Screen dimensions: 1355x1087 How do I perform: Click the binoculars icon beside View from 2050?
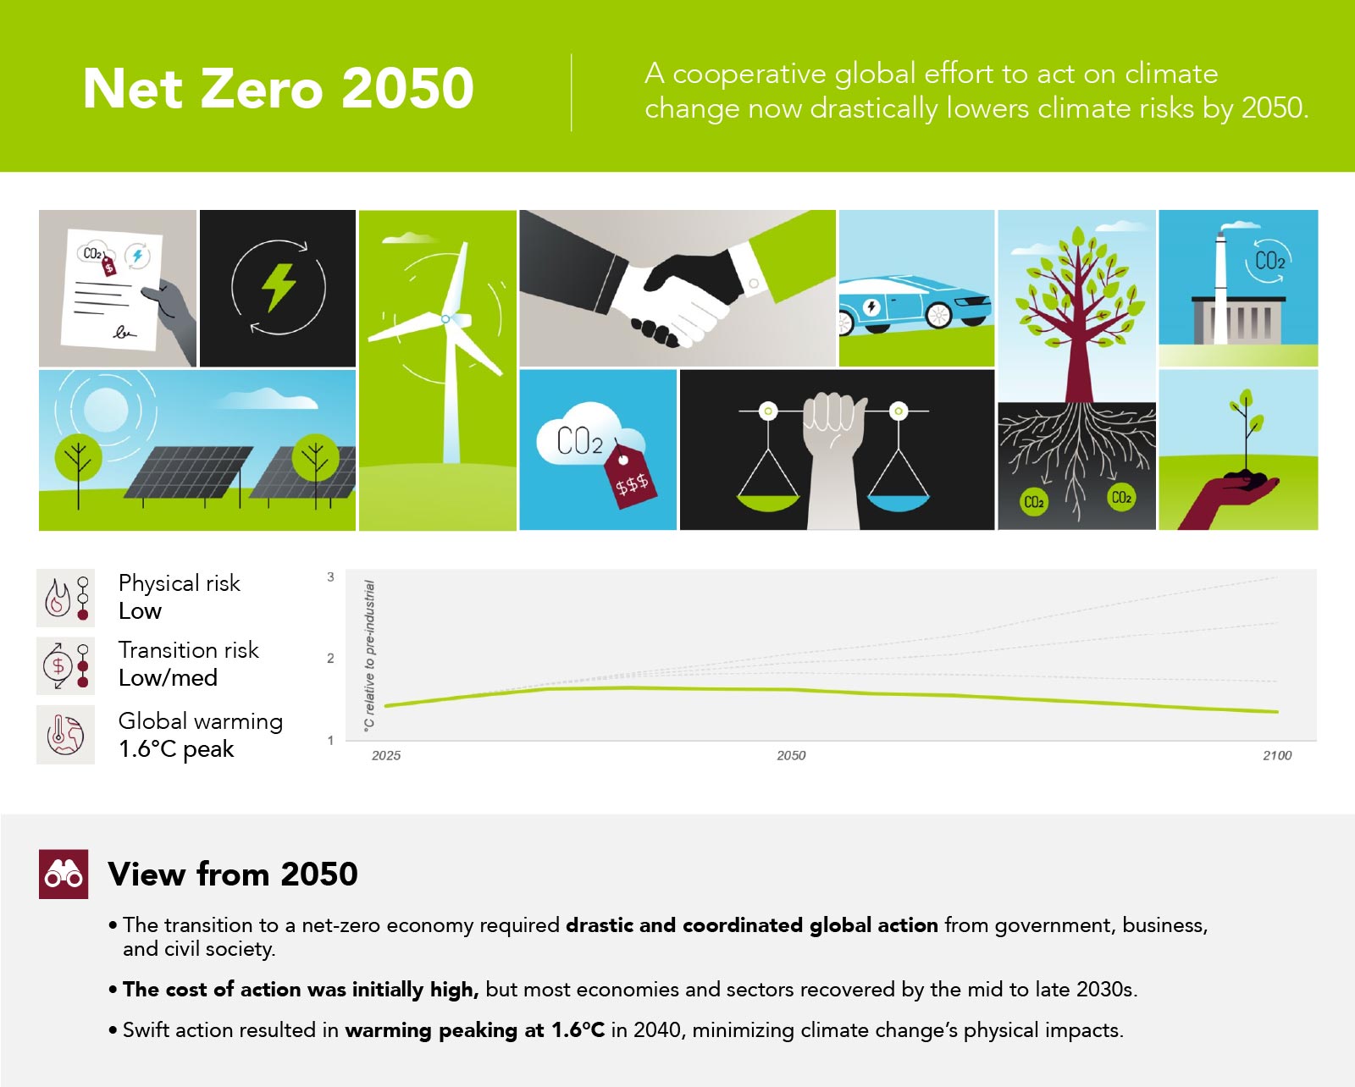pyautogui.click(x=64, y=874)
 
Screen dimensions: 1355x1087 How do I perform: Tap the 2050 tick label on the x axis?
pyautogui.click(x=791, y=755)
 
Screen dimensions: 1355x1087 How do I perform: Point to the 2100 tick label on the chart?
pyautogui.click(x=1277, y=755)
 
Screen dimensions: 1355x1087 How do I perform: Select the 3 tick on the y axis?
pyautogui.click(x=330, y=577)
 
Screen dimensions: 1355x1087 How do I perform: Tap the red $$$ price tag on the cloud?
pyautogui.click(x=629, y=476)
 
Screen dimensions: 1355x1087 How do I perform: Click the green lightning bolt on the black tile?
pyautogui.click(x=279, y=288)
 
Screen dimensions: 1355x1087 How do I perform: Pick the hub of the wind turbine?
pyautogui.click(x=445, y=319)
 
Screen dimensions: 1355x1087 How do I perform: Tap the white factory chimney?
pyautogui.click(x=1220, y=289)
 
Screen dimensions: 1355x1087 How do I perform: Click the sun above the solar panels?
pyautogui.click(x=105, y=410)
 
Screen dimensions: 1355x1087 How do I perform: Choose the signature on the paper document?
pyautogui.click(x=124, y=332)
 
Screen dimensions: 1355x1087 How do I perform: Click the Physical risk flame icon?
pyautogui.click(x=58, y=598)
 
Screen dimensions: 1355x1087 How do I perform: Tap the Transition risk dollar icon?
pyautogui.click(x=58, y=665)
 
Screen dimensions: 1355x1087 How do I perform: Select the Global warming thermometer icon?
pyautogui.click(x=65, y=735)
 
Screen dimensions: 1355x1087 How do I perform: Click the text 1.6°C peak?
pyautogui.click(x=176, y=749)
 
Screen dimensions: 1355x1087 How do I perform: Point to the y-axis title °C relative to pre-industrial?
pyautogui.click(x=369, y=655)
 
